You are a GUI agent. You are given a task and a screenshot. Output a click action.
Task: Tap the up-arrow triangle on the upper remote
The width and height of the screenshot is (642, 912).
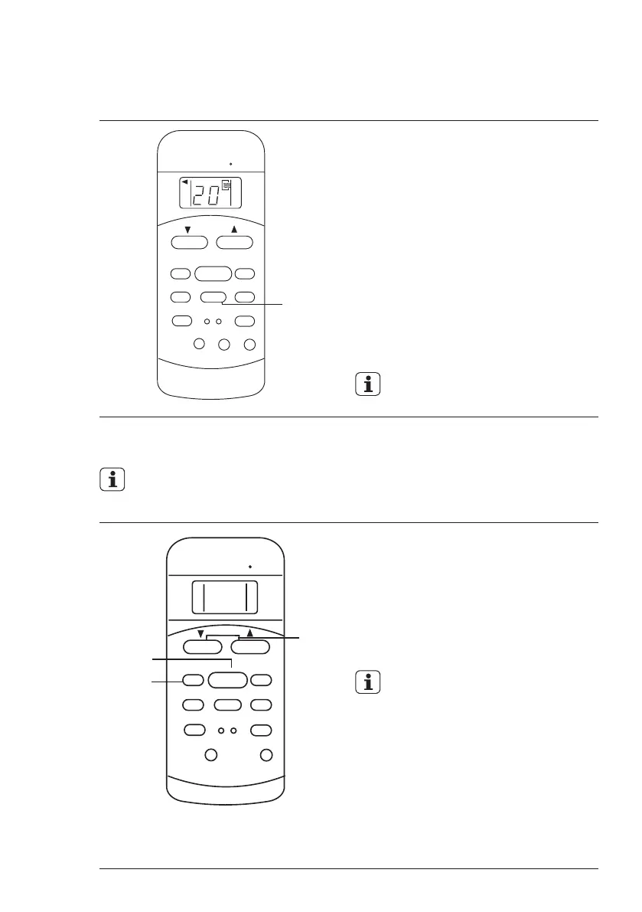point(234,229)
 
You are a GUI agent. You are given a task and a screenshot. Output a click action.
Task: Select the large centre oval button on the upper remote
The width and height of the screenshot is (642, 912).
point(213,273)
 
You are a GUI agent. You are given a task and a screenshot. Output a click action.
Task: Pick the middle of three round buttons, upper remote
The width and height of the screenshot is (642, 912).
point(223,345)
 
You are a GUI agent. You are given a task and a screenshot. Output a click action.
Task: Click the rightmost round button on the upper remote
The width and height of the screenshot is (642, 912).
point(249,345)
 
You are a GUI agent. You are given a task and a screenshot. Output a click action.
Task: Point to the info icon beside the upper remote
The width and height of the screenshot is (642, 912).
point(368,385)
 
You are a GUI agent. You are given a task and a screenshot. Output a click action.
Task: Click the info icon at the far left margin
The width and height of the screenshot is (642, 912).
point(112,480)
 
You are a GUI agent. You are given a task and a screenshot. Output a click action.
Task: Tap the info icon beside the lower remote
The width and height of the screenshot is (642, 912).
point(368,682)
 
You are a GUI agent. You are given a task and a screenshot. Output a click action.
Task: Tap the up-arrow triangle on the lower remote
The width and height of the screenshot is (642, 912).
point(249,633)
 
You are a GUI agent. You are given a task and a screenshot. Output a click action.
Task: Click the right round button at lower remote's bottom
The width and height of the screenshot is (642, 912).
point(266,756)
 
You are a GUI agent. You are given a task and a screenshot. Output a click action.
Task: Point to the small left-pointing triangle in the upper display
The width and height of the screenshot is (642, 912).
point(184,182)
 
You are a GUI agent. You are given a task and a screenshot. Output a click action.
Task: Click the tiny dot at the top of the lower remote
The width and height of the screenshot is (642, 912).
point(250,567)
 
